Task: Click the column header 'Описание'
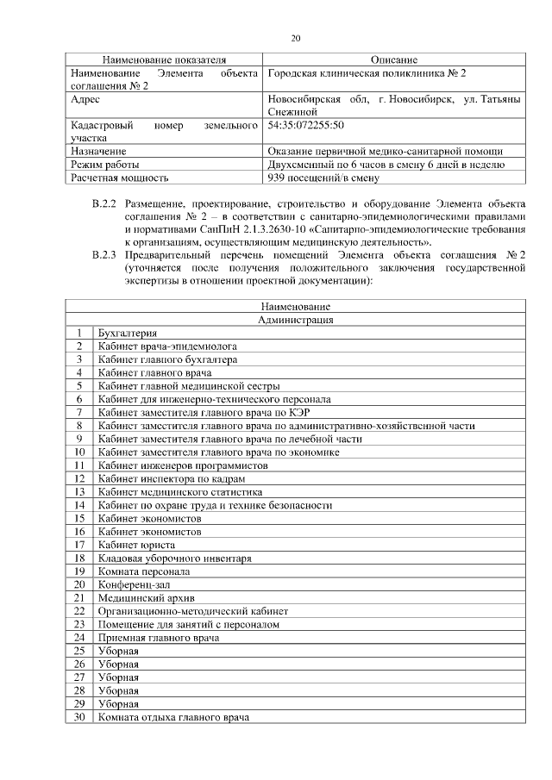pos(394,59)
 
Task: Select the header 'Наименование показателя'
pos(164,59)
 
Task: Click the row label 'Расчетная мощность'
pos(119,178)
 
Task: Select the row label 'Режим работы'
pos(105,165)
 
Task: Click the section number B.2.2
pos(103,204)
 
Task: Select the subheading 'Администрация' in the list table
pos(296,319)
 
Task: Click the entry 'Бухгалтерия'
pos(128,333)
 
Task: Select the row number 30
pos(79,716)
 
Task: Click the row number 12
pos(79,477)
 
